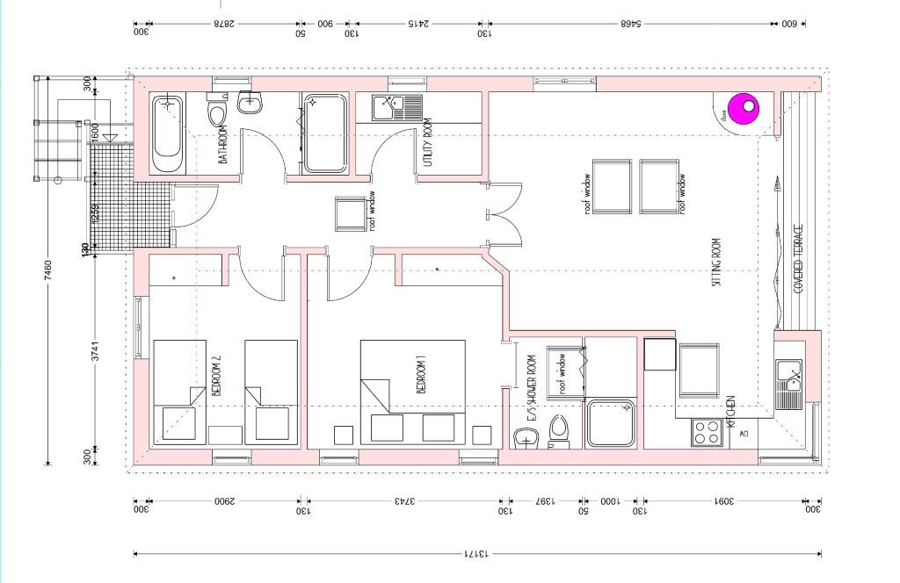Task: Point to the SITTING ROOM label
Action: (716, 263)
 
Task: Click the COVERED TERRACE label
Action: (799, 259)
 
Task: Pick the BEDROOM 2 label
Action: (217, 377)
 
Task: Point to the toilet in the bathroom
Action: (217, 112)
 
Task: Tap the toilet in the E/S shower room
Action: (558, 432)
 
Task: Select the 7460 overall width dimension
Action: (47, 271)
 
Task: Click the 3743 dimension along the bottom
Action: (404, 502)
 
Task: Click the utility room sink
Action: (387, 108)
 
